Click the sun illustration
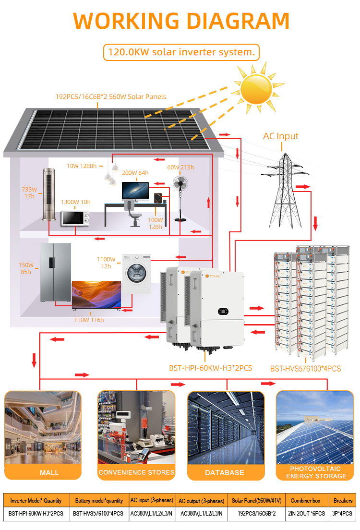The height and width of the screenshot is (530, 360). [256, 89]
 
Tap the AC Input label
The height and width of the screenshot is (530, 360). [281, 136]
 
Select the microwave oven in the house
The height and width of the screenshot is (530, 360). [75, 218]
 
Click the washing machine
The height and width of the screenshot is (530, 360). [137, 274]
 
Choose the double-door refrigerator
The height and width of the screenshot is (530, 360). [56, 272]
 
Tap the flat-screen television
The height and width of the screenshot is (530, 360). [96, 294]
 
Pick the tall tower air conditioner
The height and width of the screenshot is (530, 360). [49, 195]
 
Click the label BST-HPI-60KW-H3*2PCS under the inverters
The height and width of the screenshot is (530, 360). [211, 368]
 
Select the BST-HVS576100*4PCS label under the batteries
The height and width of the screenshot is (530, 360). [306, 369]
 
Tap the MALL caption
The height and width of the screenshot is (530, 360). [49, 473]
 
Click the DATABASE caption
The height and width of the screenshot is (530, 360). [225, 473]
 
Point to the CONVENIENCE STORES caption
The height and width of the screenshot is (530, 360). [137, 472]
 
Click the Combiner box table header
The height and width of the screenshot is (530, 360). [306, 501]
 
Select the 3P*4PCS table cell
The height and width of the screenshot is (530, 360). [342, 514]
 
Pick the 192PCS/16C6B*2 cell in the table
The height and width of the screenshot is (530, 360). [257, 514]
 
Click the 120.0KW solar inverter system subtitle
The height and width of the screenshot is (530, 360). [181, 52]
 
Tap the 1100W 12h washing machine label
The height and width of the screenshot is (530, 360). [106, 263]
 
